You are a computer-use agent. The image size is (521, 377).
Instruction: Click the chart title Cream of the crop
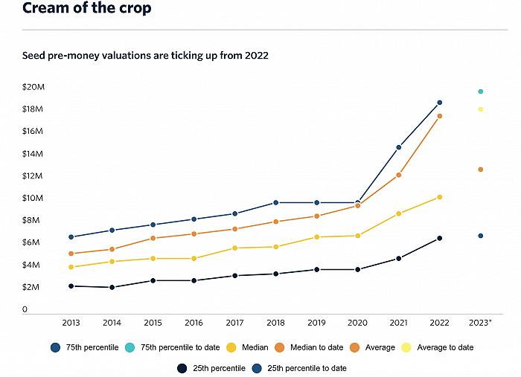click(x=87, y=9)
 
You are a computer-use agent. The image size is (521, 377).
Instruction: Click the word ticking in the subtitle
click(x=176, y=56)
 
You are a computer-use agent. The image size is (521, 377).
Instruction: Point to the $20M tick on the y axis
click(x=33, y=87)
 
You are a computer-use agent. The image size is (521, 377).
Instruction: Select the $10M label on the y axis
click(x=33, y=199)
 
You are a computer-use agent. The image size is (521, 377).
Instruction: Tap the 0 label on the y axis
click(x=25, y=309)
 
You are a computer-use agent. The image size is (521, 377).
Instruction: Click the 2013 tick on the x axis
click(x=71, y=323)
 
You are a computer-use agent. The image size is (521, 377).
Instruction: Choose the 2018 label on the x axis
click(x=275, y=323)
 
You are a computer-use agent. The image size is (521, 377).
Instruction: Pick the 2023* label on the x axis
click(x=480, y=323)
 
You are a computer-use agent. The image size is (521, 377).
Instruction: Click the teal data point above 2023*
click(x=481, y=91)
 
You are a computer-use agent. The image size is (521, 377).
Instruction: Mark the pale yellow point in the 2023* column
click(x=481, y=109)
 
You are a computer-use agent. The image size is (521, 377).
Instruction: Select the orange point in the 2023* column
click(x=481, y=170)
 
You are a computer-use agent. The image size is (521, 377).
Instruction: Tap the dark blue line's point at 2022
click(x=440, y=103)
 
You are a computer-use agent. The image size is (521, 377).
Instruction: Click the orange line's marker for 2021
click(x=399, y=175)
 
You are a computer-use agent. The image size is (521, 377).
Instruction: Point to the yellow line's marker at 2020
click(x=358, y=236)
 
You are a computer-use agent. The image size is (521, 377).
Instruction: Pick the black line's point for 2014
click(x=112, y=287)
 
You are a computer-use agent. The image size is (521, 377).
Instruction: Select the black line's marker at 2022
click(x=440, y=238)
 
